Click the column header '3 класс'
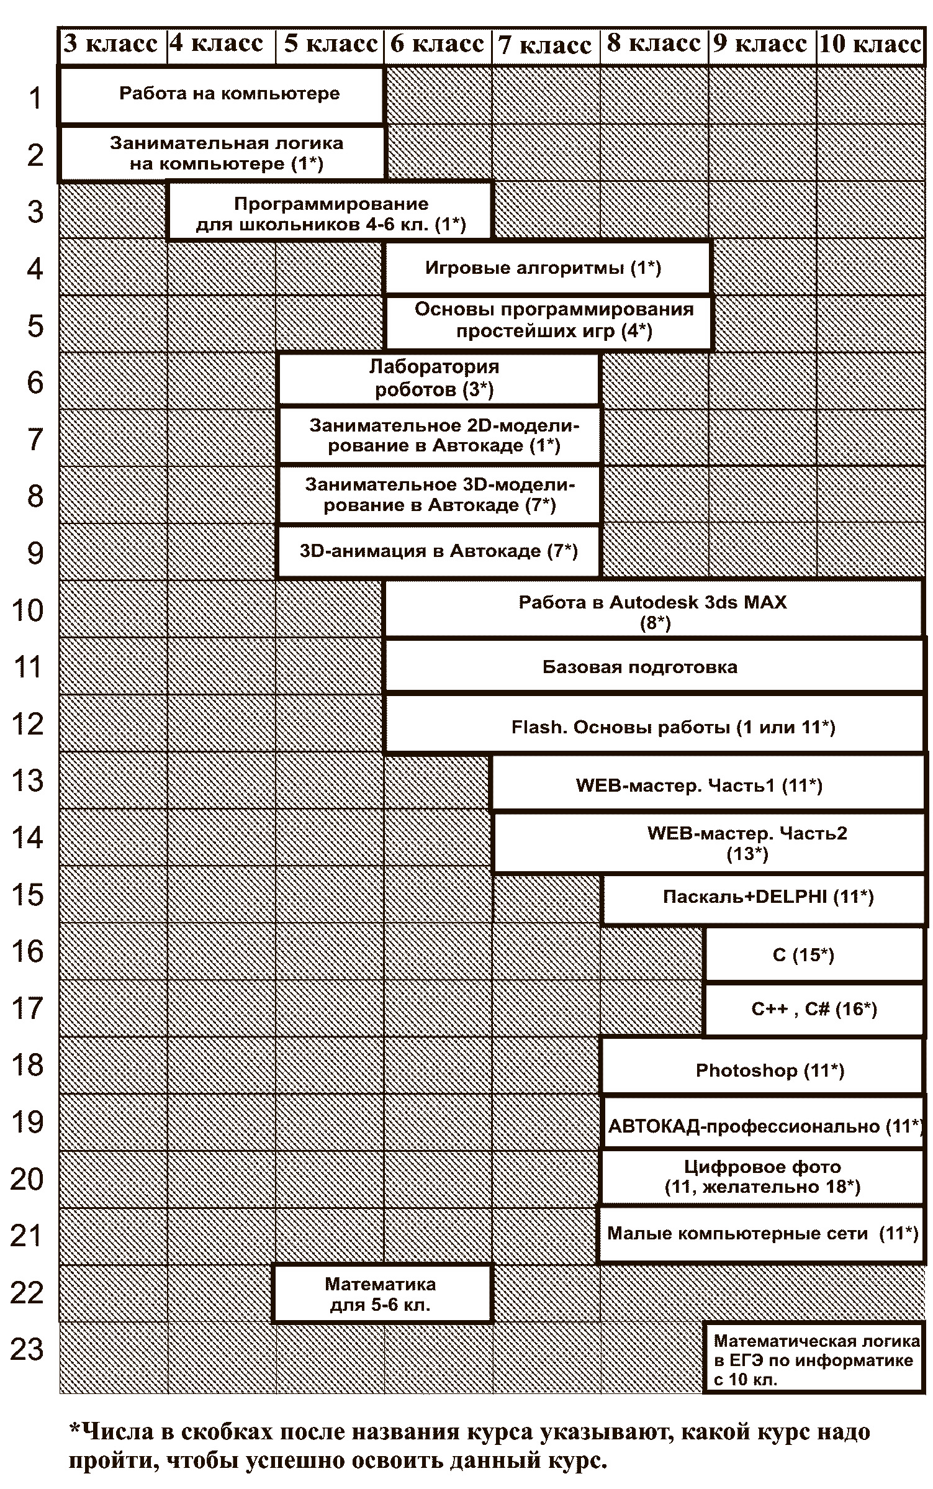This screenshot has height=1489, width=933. (113, 45)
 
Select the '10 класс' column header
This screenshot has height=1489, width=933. (870, 45)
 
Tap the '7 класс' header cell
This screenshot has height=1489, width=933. (546, 45)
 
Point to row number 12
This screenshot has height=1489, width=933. (27, 724)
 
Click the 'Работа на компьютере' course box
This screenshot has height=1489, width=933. (222, 95)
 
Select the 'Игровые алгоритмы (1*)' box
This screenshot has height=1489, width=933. (548, 268)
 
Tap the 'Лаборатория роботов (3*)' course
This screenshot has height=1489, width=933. (439, 378)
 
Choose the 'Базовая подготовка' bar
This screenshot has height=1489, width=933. (654, 667)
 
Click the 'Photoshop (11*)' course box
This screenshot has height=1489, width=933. (763, 1070)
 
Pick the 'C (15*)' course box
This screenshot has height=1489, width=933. (814, 954)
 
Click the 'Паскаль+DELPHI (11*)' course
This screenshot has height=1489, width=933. (764, 898)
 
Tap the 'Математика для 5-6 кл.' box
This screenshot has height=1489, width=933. (382, 1294)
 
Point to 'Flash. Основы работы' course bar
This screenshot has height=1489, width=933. (654, 724)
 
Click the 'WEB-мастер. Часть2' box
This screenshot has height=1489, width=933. (709, 843)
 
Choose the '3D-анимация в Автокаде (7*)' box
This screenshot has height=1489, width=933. (439, 551)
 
